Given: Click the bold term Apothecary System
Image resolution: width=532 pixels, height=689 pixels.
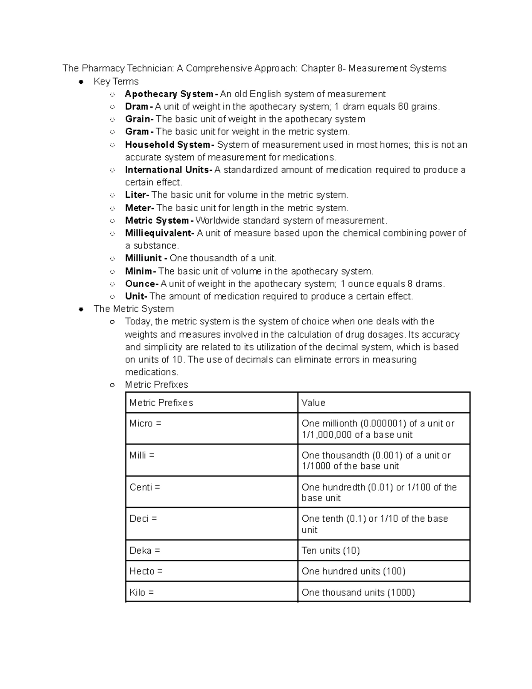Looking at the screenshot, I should pos(169,94).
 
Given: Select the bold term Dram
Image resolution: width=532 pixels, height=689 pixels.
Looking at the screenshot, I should pos(137,106).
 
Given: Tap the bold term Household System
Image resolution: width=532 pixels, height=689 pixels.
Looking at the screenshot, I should pos(168,145).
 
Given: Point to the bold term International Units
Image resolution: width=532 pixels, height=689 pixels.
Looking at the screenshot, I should pos(167,170).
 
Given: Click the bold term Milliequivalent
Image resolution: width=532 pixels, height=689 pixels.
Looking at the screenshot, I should pos(158,233).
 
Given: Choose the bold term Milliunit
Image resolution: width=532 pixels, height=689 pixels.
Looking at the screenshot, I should pos(143,258).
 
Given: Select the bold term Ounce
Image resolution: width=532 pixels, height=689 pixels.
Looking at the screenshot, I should pos(140,284).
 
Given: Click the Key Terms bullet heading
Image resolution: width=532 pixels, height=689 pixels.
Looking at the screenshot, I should pos(116,82).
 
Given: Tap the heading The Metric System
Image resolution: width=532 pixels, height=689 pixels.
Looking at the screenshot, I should pos(133,309).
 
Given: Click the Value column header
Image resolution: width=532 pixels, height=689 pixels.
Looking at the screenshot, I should pos(313,403).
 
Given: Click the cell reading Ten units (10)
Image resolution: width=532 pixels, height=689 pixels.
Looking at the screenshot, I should pos(331,551).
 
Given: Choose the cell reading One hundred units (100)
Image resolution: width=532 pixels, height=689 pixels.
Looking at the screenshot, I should pos(353,571).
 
